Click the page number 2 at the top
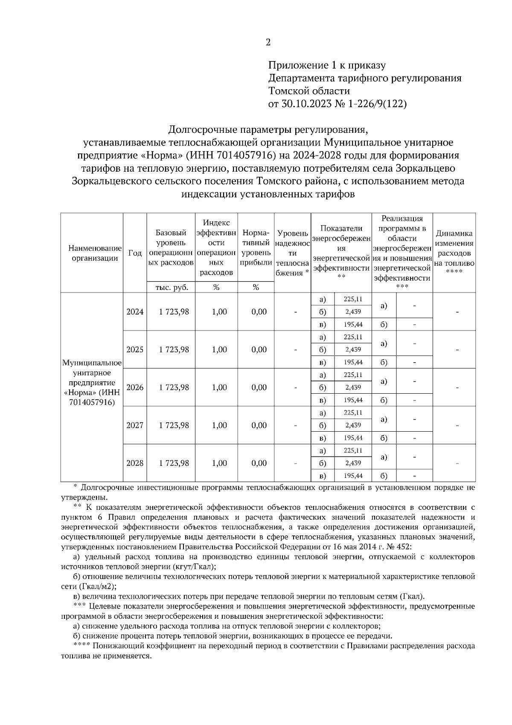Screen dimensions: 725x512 (268, 42)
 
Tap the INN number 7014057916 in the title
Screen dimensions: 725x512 (243, 155)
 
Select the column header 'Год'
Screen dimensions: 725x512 (135, 253)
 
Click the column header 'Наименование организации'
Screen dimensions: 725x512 (92, 253)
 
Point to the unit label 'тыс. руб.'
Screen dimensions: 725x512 (171, 287)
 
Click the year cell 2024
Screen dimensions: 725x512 (135, 312)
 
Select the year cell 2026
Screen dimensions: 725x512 (135, 387)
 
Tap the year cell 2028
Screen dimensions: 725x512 (135, 463)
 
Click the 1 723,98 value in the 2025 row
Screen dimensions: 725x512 (174, 350)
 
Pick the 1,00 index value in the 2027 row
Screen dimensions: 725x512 (219, 425)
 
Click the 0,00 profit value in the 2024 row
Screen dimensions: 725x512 (259, 312)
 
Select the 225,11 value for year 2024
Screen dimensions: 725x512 (353, 299)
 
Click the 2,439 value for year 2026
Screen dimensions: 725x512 (353, 387)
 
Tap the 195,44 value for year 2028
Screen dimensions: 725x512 (353, 476)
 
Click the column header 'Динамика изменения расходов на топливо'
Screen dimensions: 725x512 (454, 252)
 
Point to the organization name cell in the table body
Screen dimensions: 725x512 (92, 383)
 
